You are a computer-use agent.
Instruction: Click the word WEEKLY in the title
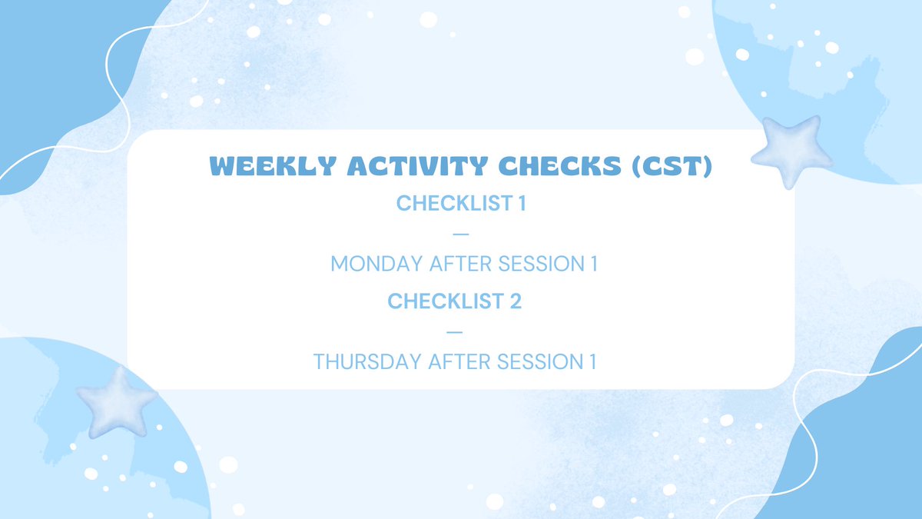[273, 166]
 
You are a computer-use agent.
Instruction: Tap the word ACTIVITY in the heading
[418, 166]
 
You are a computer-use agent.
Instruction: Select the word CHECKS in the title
[560, 166]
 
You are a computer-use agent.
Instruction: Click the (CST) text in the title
[672, 166]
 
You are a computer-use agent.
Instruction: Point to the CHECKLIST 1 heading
[461, 203]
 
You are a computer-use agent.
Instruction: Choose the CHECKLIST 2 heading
[454, 301]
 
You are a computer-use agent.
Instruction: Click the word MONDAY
[376, 264]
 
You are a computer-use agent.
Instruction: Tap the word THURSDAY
[367, 361]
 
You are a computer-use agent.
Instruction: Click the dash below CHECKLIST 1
[461, 234]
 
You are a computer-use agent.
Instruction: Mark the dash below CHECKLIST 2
[454, 332]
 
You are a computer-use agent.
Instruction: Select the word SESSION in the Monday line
[541, 264]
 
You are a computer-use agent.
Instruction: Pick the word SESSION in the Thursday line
[540, 361]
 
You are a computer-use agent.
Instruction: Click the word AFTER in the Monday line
[460, 264]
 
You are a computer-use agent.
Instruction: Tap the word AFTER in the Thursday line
[459, 361]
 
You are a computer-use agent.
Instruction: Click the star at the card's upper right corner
[791, 151]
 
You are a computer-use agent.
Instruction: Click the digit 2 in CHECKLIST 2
[516, 301]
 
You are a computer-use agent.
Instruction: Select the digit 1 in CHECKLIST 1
[522, 203]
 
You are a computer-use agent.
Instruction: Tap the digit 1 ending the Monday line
[594, 264]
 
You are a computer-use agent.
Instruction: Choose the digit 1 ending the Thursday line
[592, 361]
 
